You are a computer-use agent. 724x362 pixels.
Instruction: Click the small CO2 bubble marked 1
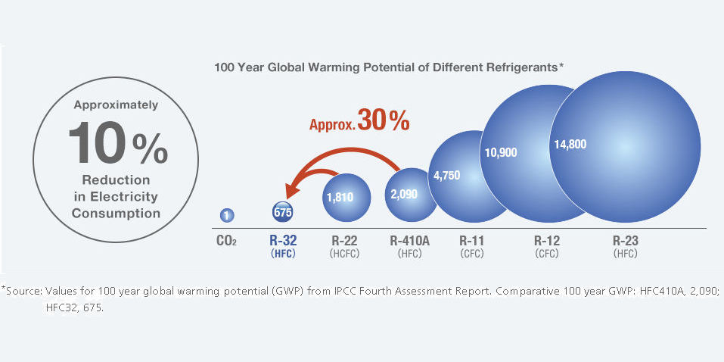tap(226, 216)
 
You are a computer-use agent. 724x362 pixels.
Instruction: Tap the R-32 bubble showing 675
tap(283, 212)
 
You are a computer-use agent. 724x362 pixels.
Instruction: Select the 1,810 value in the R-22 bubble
tap(340, 196)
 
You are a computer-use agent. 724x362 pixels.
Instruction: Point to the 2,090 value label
tap(403, 193)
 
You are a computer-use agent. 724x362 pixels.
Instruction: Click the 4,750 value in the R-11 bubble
tap(447, 176)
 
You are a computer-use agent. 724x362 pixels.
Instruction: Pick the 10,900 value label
tap(500, 152)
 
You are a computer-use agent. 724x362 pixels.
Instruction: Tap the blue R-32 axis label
tap(283, 241)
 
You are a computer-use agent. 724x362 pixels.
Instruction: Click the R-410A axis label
tap(409, 241)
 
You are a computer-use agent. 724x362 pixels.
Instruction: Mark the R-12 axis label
tap(546, 241)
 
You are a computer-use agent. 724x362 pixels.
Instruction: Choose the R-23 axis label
tap(625, 241)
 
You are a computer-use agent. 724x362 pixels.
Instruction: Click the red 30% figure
tap(384, 120)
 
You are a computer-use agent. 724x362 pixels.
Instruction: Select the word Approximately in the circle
tap(116, 105)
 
